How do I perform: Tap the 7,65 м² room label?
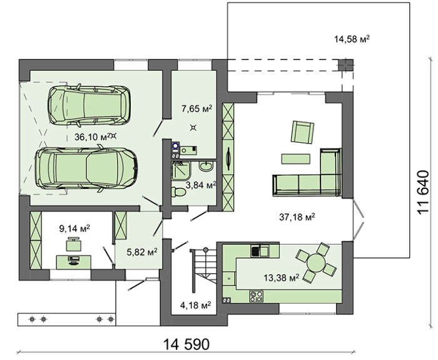point(196,108)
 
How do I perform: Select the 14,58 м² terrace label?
point(352,39)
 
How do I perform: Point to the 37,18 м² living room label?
point(297,217)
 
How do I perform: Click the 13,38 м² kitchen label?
point(282,277)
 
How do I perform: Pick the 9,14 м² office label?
point(74,229)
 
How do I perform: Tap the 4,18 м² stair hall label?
point(195,305)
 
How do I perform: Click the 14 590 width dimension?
point(186,344)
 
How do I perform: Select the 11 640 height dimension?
point(422,193)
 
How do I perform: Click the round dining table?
point(315,262)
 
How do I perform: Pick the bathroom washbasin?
point(206,167)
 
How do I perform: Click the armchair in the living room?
point(302,132)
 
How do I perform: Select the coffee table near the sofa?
point(295,159)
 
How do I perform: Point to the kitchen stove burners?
point(256,296)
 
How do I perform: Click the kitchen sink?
point(260,250)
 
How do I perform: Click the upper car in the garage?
point(89,105)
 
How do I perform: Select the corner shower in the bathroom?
point(181,170)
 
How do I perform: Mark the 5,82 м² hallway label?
point(142,252)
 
